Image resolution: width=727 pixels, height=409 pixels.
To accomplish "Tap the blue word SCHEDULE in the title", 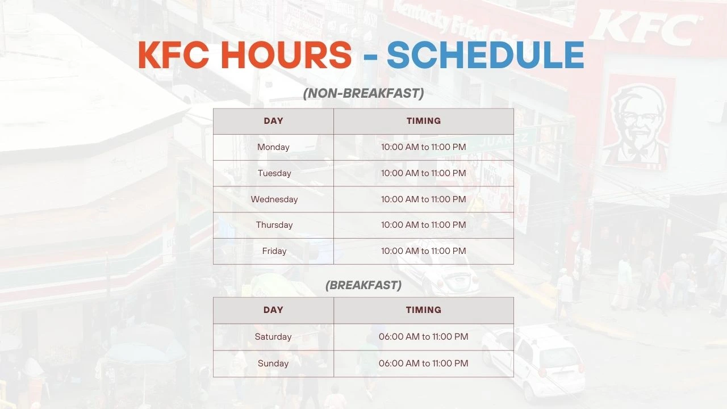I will (x=486, y=55).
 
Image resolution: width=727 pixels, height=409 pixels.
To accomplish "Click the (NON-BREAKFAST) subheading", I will (x=363, y=93).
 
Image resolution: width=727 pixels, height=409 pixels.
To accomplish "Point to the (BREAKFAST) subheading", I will (x=363, y=285).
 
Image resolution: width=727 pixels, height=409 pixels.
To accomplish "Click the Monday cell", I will (x=273, y=147).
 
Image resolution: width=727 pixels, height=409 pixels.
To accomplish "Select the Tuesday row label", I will (x=274, y=173).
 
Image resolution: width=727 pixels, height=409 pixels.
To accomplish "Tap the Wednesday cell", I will (x=274, y=199).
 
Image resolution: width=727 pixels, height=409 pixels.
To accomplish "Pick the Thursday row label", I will (x=274, y=225).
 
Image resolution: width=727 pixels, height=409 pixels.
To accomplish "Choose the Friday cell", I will (x=274, y=251).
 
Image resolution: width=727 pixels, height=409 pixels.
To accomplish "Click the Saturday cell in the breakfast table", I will (x=273, y=337).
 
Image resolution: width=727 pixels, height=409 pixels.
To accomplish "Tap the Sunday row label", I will (x=273, y=364).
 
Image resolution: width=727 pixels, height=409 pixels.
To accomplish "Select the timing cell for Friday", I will (x=423, y=251).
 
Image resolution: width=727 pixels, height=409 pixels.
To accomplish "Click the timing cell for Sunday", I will (x=423, y=364).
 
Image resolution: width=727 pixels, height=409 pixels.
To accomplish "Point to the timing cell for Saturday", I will (x=423, y=337).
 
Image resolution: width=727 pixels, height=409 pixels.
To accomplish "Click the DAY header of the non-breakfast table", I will (x=273, y=121).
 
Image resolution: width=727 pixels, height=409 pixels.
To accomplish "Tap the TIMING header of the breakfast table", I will (x=423, y=310).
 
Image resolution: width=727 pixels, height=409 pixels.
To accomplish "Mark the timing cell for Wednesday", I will (x=423, y=199).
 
